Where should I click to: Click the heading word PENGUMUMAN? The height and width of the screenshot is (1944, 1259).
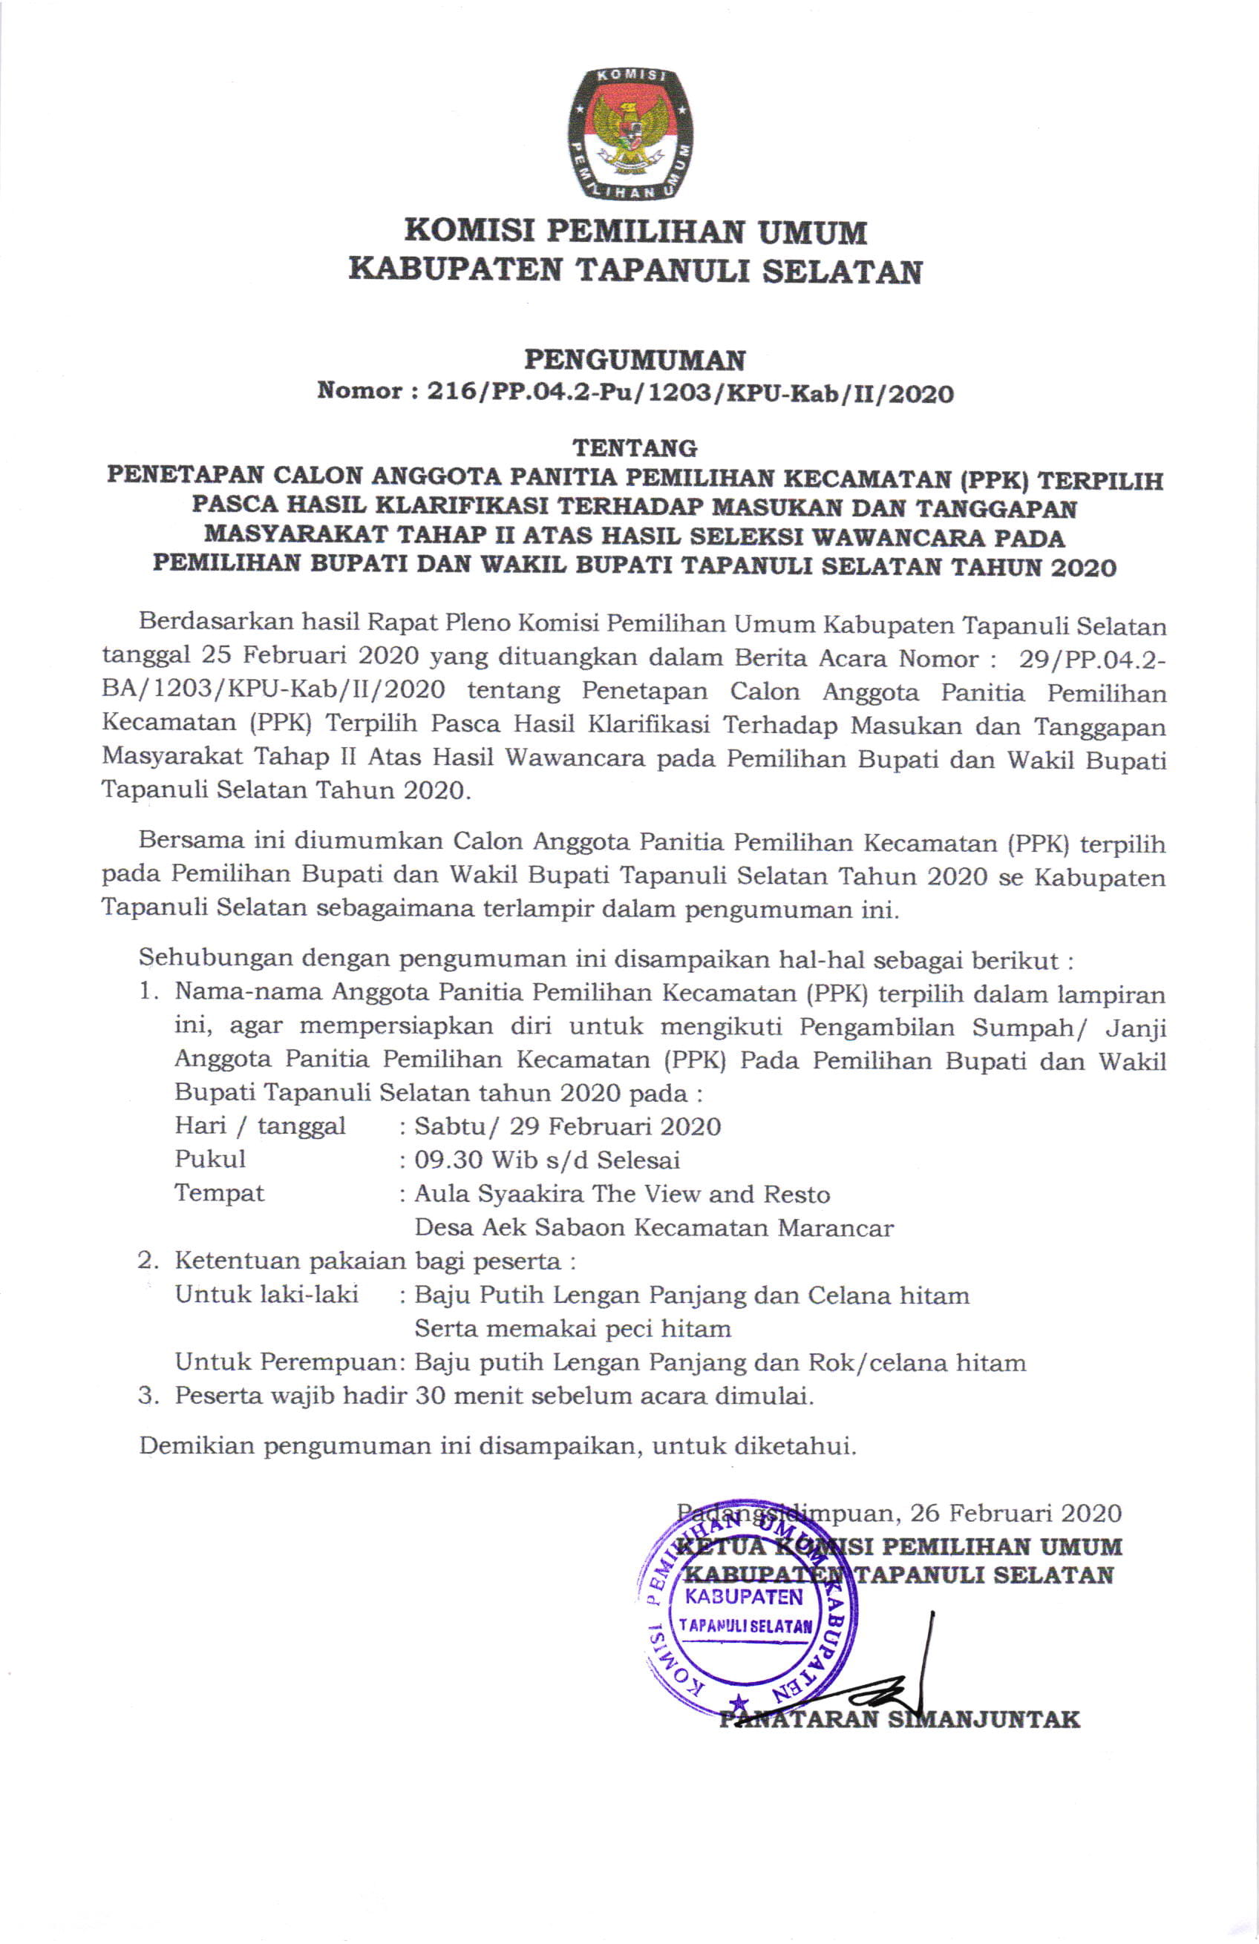coord(635,359)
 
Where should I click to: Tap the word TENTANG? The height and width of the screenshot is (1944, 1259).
coord(635,447)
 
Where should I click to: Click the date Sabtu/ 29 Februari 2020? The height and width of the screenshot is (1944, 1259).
coord(568,1126)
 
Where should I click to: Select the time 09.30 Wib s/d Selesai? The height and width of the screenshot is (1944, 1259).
coord(547,1160)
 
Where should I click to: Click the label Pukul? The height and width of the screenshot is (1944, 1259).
coord(210,1160)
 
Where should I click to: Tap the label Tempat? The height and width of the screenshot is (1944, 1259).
coord(220,1193)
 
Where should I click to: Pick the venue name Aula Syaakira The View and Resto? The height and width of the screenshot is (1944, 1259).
coord(623,1194)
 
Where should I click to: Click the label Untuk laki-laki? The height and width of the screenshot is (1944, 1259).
coord(267,1295)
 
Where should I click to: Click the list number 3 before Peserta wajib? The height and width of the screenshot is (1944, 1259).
coord(147,1395)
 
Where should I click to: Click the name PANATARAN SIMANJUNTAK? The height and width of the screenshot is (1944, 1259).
coord(899,1719)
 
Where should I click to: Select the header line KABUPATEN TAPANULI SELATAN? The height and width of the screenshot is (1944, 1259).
coord(635,270)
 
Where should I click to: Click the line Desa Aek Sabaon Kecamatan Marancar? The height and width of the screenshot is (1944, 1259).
coord(653,1228)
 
